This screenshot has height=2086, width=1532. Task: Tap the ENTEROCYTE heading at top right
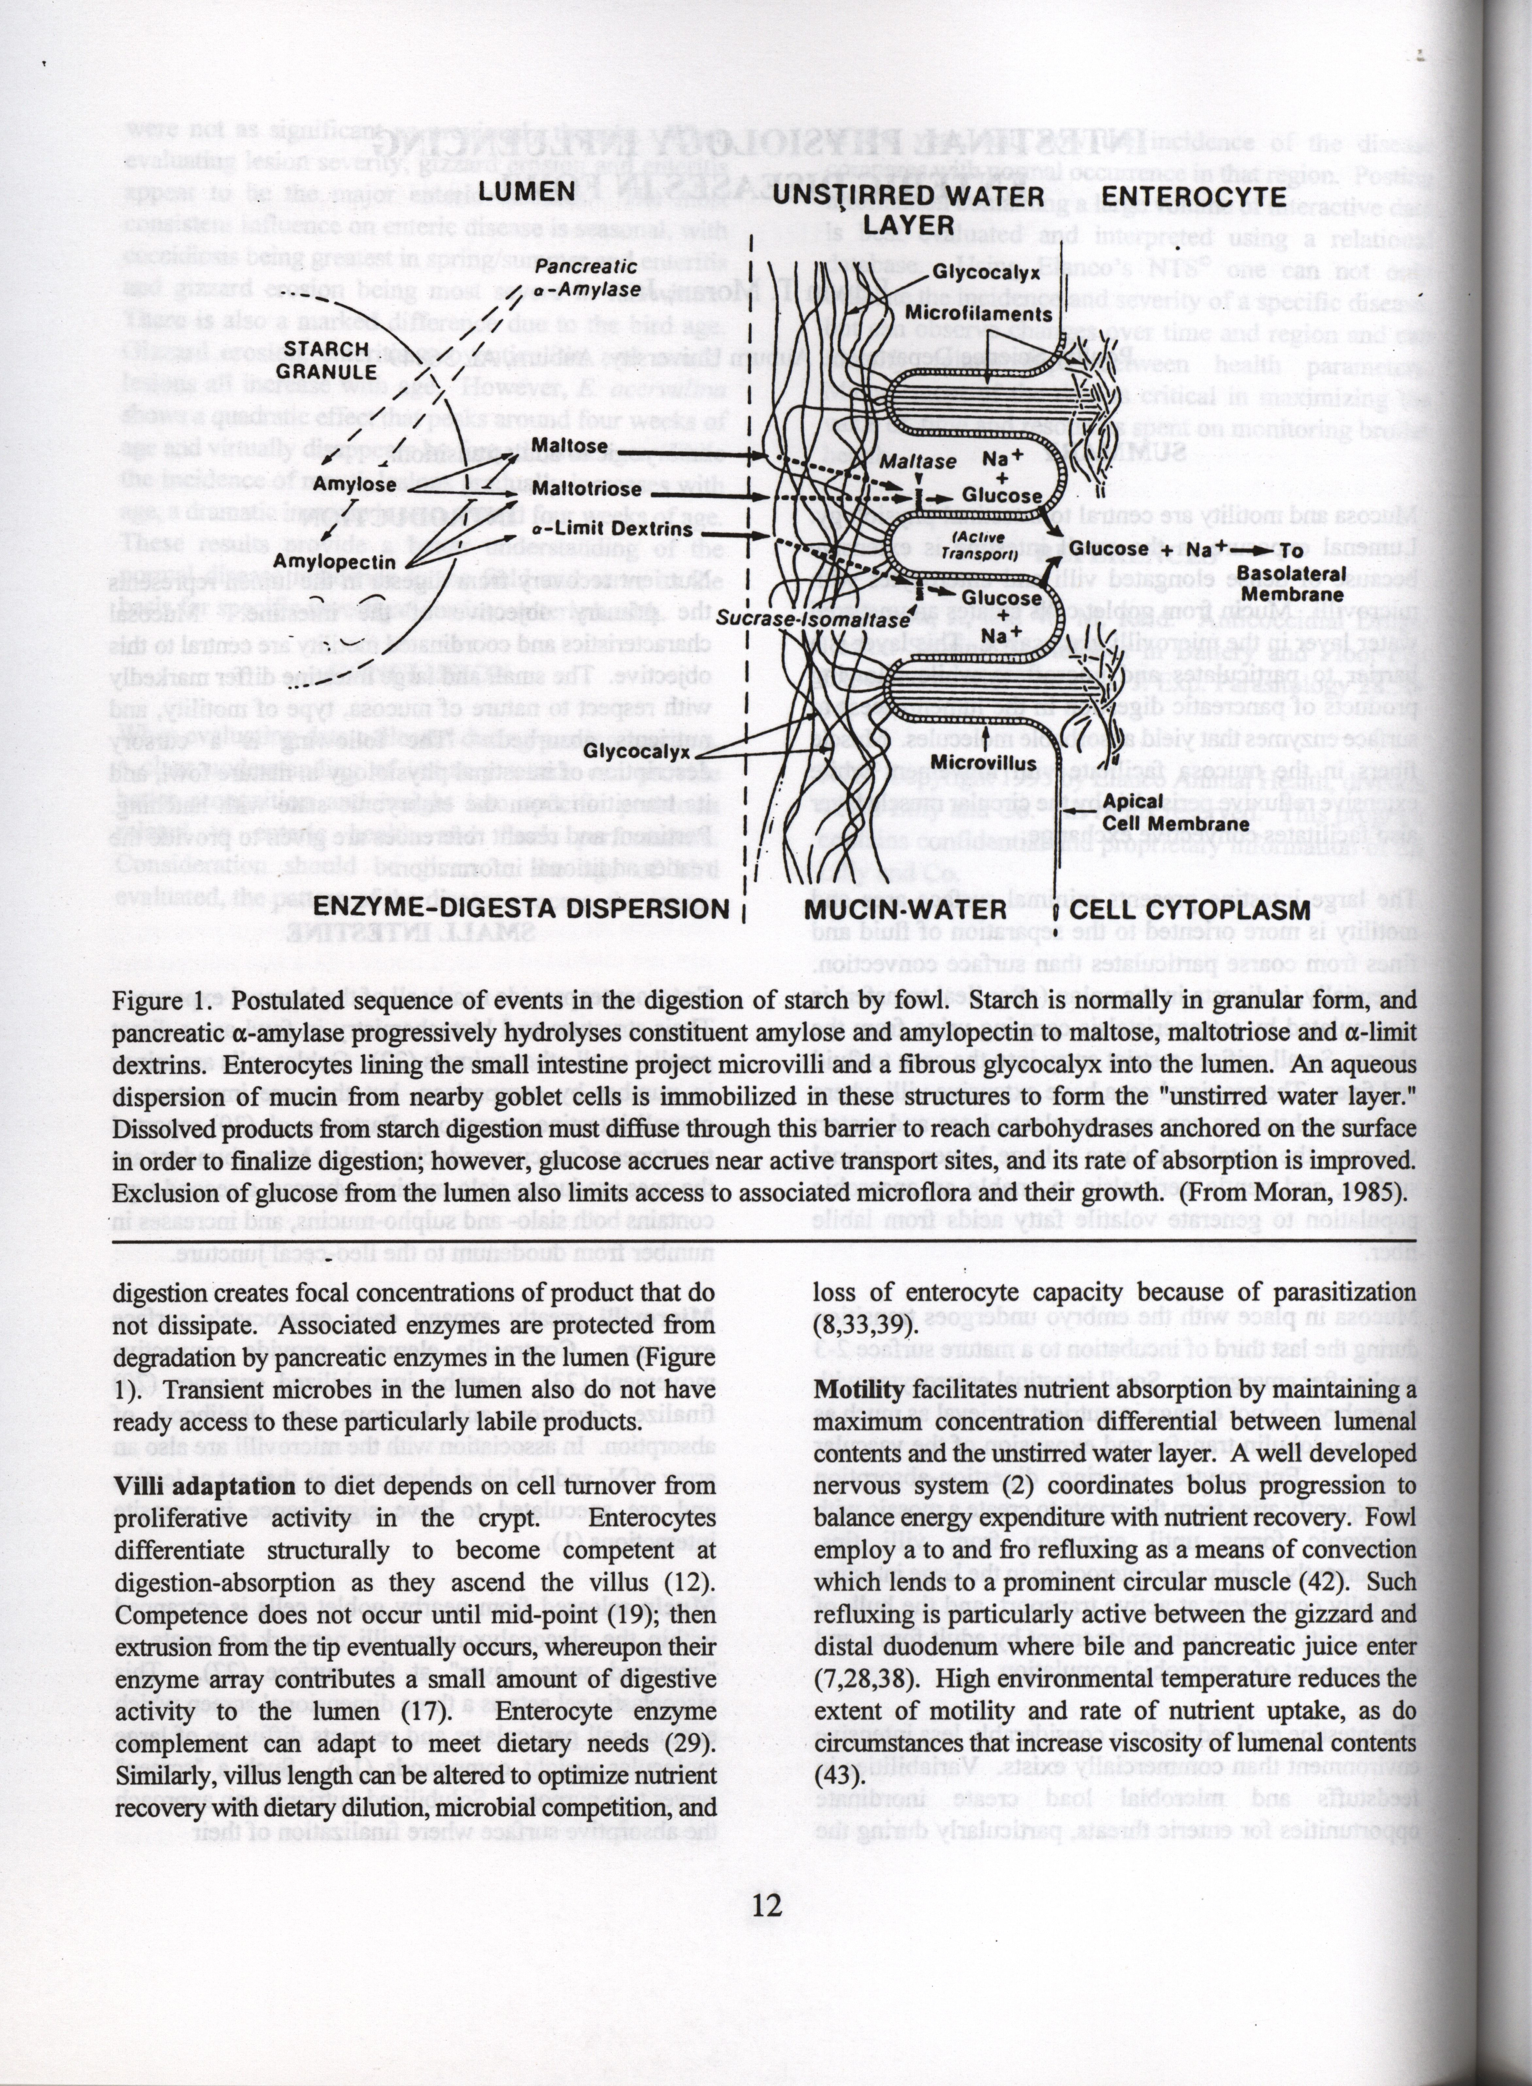pos(1194,197)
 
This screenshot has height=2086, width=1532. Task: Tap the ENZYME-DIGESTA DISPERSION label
pos(521,908)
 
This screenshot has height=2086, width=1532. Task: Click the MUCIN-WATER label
pos(905,909)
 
